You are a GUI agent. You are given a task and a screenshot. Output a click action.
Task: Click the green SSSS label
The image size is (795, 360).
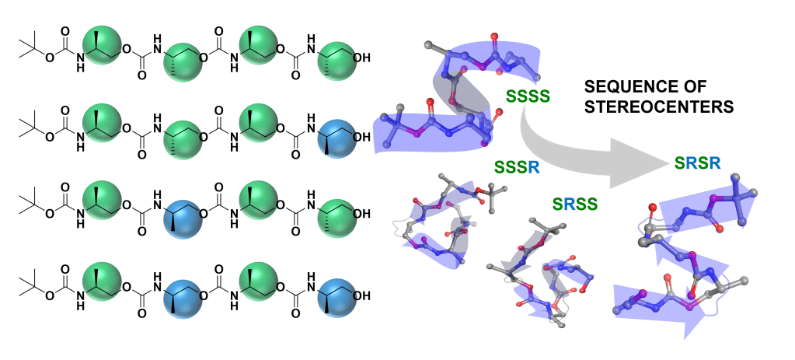click(528, 96)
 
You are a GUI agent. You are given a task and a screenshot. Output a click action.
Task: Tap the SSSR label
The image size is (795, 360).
click(517, 166)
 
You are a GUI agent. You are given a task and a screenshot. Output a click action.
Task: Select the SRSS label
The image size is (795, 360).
click(575, 204)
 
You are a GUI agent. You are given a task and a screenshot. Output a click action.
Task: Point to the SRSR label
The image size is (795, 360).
click(697, 163)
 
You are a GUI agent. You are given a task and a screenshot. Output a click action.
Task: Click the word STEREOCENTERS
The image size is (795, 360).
click(659, 107)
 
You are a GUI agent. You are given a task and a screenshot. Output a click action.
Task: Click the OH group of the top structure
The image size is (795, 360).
click(361, 58)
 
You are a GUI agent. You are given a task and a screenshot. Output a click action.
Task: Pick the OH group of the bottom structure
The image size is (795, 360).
click(361, 295)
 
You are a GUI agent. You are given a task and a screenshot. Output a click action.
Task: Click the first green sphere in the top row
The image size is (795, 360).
click(102, 46)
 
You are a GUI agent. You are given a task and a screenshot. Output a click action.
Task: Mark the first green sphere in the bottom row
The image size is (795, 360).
click(102, 281)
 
